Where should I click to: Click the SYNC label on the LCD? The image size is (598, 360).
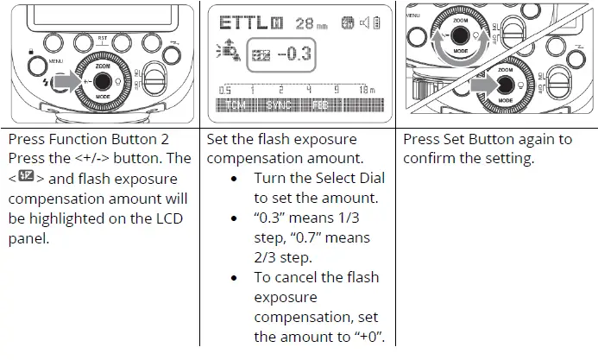coord(280,105)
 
